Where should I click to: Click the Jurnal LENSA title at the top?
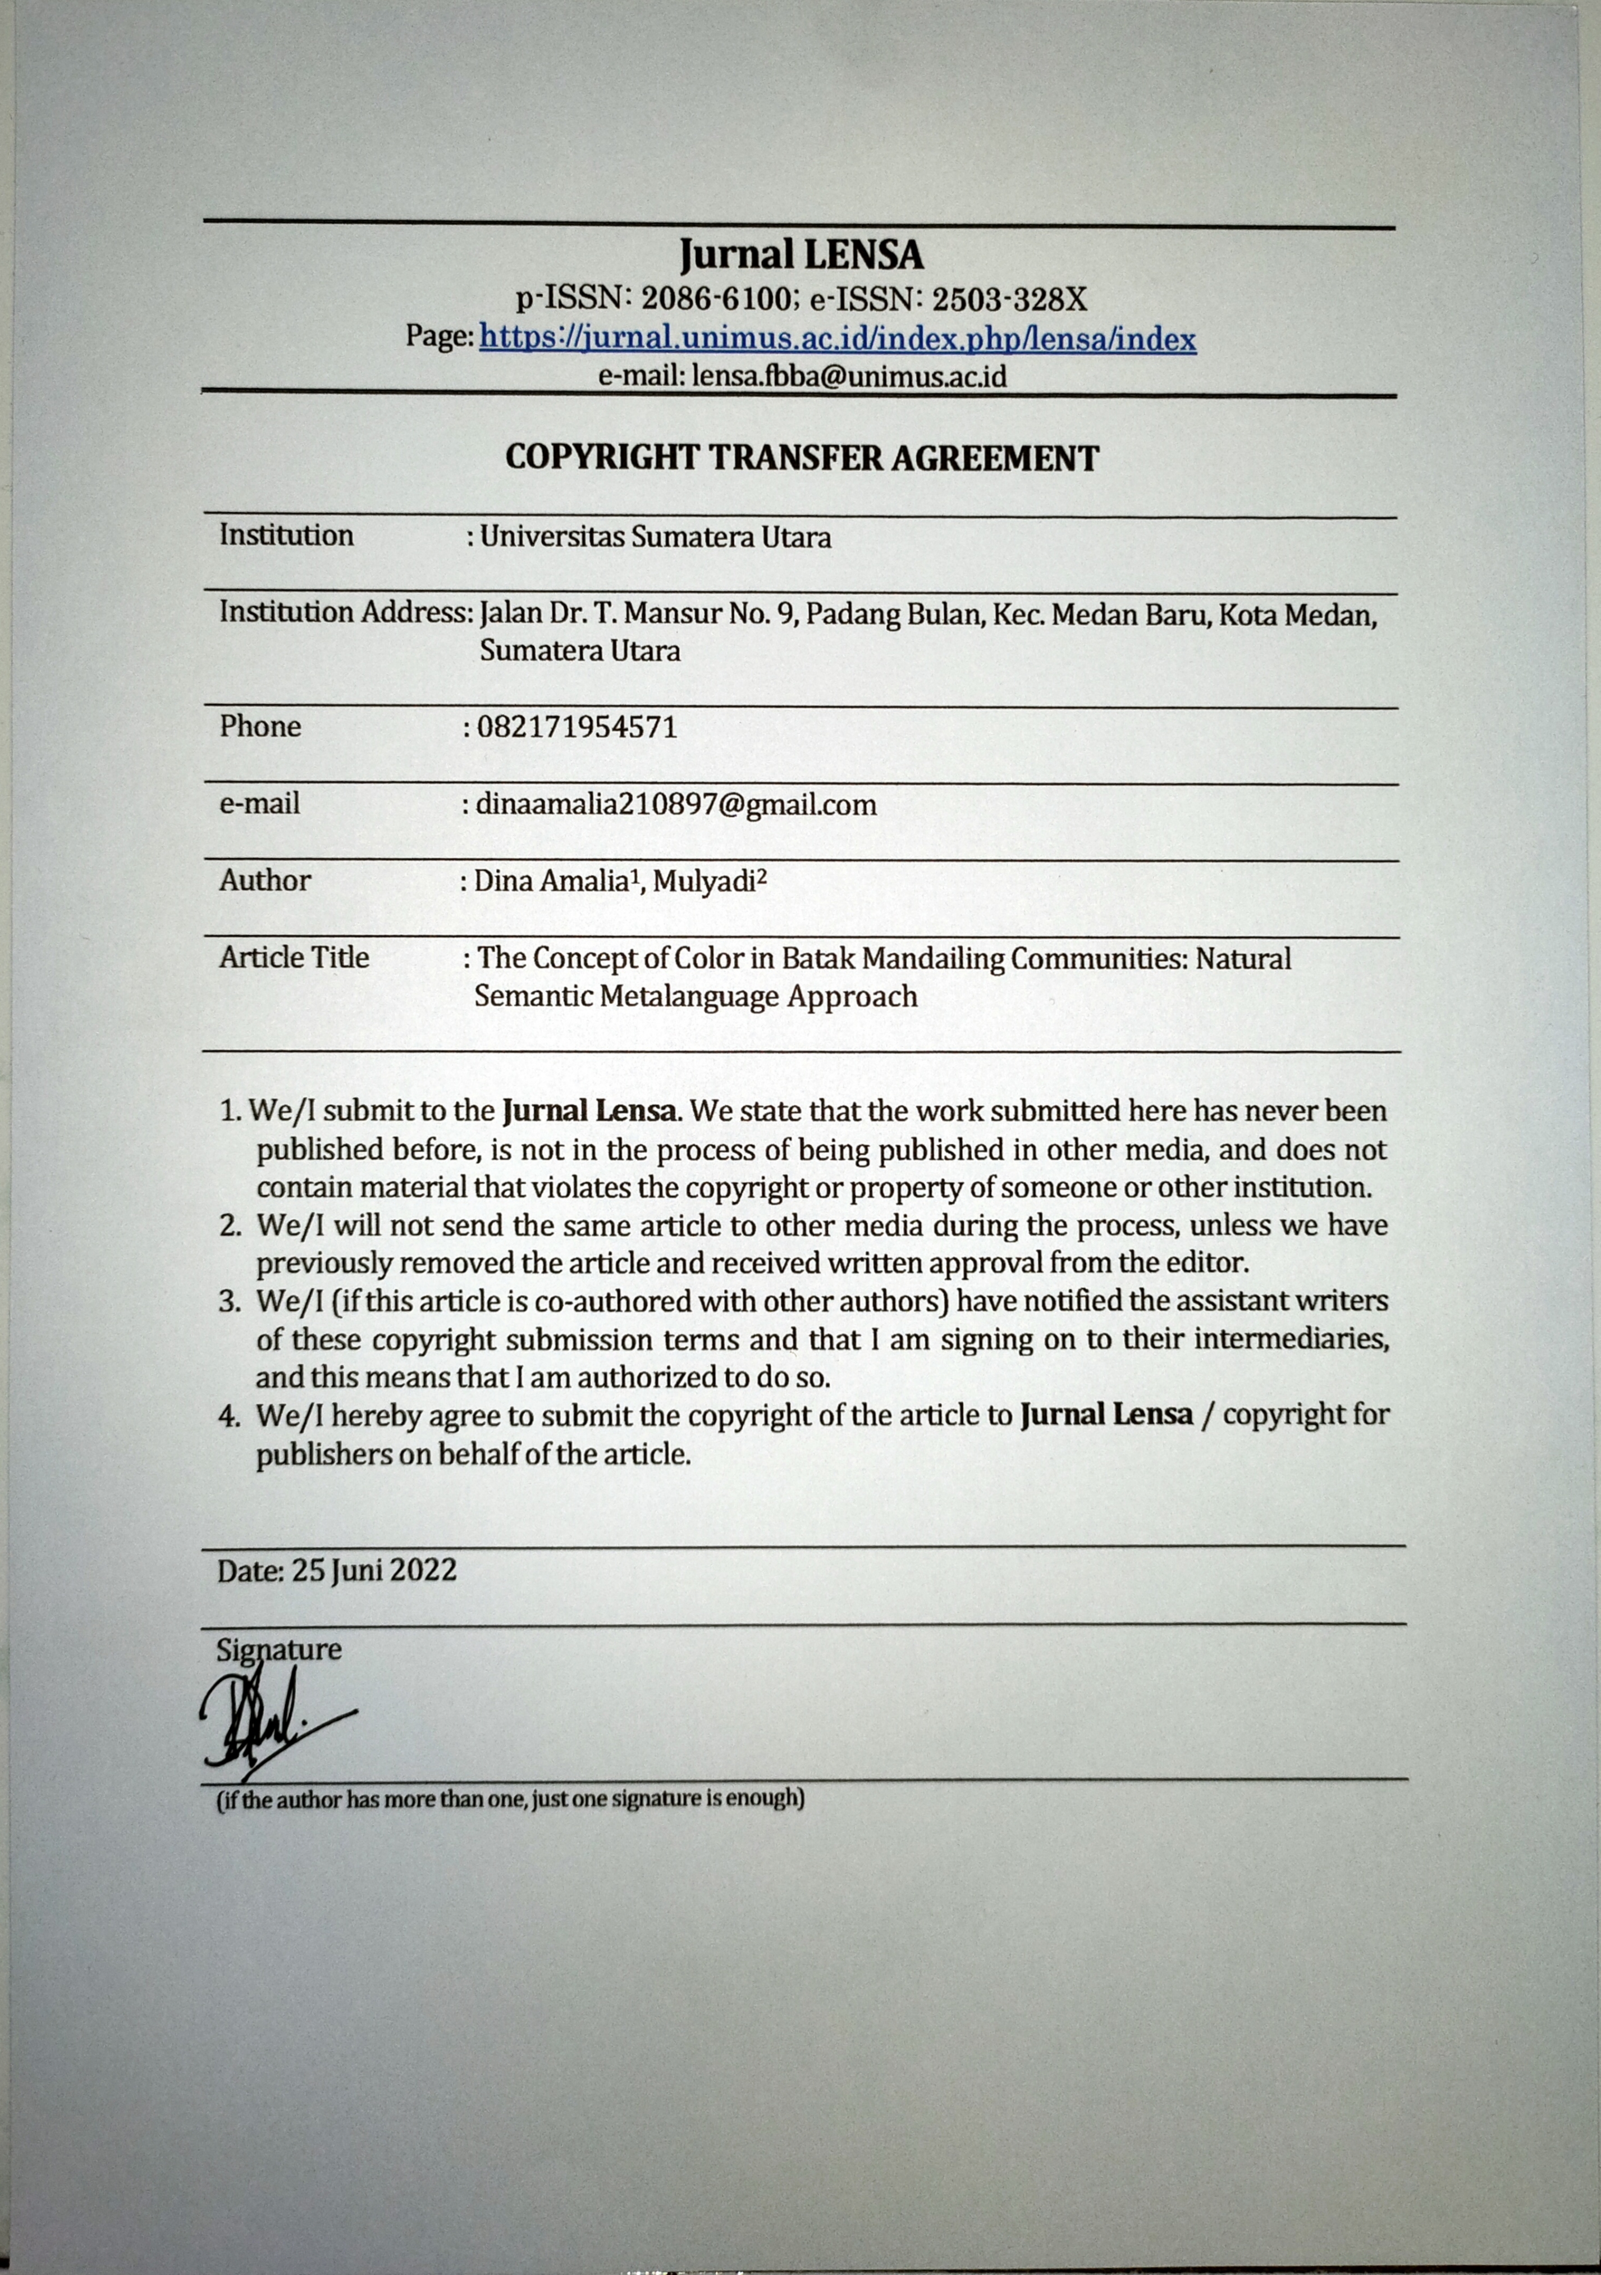click(x=801, y=256)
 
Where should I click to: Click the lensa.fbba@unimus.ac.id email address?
click(x=849, y=376)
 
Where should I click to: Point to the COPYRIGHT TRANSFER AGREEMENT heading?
click(x=802, y=458)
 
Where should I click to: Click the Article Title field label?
click(x=294, y=957)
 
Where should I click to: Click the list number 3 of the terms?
click(x=229, y=1301)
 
